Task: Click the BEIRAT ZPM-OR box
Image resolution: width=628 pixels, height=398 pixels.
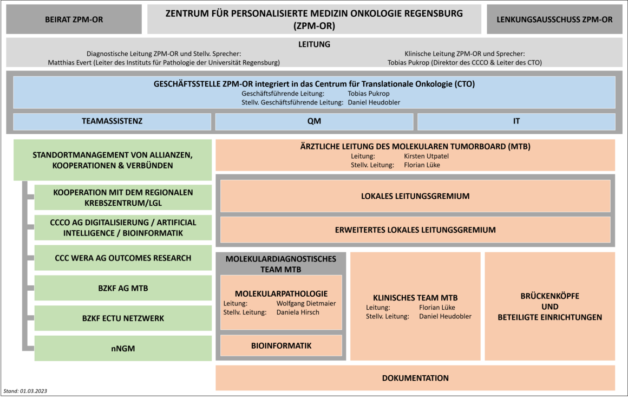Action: point(74,19)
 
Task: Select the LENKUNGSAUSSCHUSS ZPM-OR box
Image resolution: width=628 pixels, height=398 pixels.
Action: point(554,19)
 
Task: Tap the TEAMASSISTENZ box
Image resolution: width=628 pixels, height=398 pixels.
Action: point(112,121)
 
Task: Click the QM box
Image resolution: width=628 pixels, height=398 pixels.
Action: point(315,121)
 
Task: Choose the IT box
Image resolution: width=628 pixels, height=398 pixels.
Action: point(516,121)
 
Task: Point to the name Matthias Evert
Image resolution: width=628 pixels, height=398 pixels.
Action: point(67,62)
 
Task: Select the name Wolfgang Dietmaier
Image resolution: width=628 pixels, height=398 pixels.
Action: point(306,303)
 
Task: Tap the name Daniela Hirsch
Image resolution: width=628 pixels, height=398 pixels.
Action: point(298,312)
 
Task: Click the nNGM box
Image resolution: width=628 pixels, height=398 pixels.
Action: point(123,348)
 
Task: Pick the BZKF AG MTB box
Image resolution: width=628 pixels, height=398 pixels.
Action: point(123,288)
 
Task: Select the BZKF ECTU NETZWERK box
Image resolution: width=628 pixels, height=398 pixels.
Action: point(123,318)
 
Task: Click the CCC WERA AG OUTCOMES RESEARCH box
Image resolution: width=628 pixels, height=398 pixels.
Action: point(123,258)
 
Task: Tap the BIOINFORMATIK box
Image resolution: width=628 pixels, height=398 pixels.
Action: point(281,345)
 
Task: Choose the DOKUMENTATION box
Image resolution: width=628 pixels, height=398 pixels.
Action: point(415,378)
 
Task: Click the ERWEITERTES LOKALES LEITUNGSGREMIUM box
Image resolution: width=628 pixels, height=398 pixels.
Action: point(415,230)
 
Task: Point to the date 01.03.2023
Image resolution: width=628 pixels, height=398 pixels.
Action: point(33,391)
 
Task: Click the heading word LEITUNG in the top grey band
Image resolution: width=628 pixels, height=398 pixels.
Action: point(314,44)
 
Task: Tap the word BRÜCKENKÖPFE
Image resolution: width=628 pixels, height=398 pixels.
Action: point(550,296)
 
